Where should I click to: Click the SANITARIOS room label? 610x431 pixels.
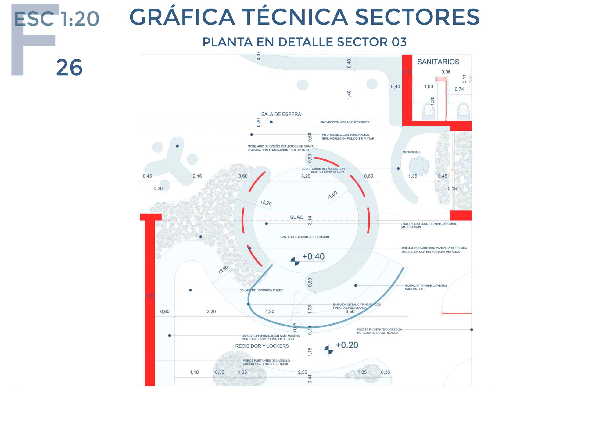438,62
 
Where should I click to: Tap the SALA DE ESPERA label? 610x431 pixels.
281,114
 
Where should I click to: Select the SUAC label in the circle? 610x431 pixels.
296,217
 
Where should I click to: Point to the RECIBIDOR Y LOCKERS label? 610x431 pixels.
262,346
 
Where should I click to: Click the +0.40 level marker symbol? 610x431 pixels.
295,261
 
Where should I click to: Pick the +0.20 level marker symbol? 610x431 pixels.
328,350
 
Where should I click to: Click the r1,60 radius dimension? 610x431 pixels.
332,195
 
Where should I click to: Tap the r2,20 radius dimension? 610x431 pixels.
266,203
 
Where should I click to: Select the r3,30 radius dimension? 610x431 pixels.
224,269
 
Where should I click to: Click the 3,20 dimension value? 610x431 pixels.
306,176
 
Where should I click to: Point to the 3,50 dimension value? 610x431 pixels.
350,312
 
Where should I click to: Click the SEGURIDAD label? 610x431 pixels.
411,152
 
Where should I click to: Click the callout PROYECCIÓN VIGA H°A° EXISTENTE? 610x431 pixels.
345,122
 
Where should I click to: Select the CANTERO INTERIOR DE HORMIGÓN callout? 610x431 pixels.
304,237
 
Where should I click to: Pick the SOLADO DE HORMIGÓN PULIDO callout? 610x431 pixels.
261,290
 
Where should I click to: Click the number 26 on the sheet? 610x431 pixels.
69,68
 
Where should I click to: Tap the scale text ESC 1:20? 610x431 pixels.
57,19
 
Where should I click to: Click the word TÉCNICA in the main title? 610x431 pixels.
295,17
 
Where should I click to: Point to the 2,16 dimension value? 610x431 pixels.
197,176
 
